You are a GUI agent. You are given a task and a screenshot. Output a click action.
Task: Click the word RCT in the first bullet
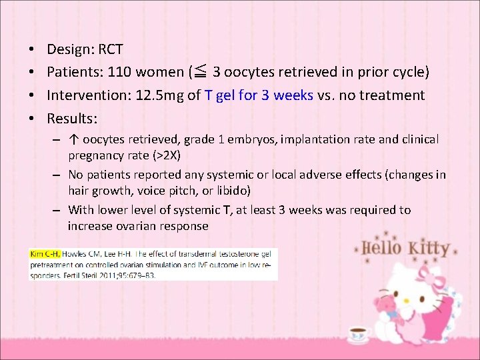tap(110, 50)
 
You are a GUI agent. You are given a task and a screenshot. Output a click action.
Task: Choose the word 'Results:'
tap(72, 119)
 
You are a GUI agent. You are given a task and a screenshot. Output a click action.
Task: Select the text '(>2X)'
tap(169, 155)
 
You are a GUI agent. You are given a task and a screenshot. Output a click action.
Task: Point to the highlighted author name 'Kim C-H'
tap(43, 254)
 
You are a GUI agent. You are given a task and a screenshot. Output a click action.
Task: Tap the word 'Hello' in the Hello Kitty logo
tap(383, 248)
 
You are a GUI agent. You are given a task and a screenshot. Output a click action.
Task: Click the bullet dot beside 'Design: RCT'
tap(32, 50)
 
